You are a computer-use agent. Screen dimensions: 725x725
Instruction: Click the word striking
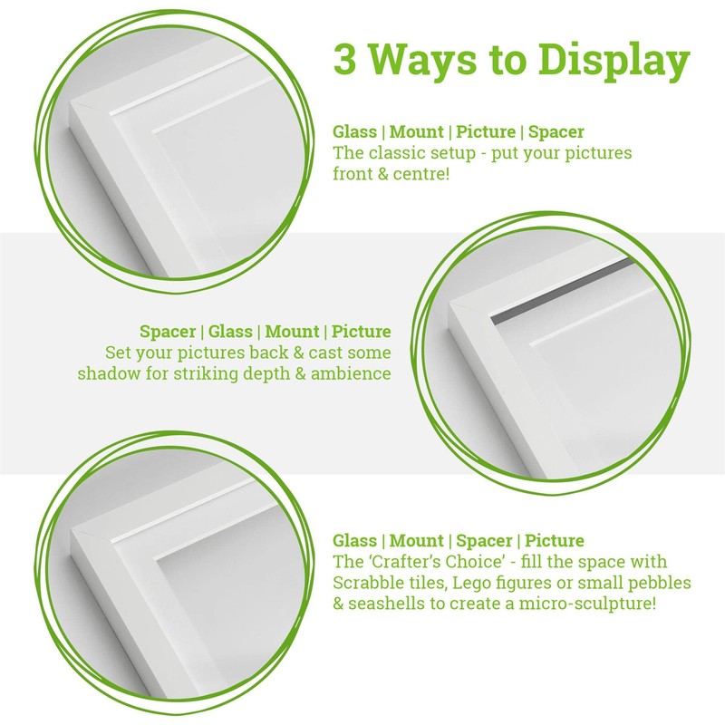pyautogui.click(x=196, y=373)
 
